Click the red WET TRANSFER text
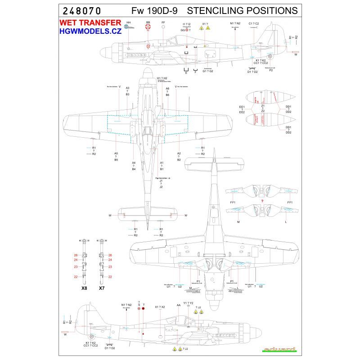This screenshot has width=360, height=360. (x=90, y=23)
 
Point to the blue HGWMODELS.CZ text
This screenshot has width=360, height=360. (x=90, y=32)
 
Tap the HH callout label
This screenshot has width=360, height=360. (x=129, y=22)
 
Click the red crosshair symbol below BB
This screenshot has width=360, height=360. (x=148, y=28)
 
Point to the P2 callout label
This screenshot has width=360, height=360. (x=271, y=70)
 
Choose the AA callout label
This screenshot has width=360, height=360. (x=178, y=305)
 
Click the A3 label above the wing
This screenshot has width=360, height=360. (x=128, y=88)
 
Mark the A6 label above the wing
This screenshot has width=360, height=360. (x=167, y=88)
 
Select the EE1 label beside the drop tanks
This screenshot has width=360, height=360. (x=242, y=107)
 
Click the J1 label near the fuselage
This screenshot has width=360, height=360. (x=161, y=181)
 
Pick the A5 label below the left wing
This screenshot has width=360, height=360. (x=116, y=153)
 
